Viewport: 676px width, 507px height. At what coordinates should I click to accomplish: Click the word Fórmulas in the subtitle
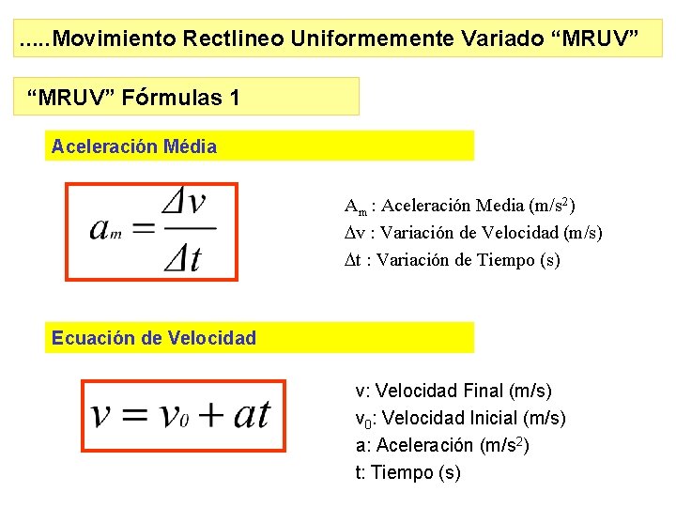click(x=175, y=97)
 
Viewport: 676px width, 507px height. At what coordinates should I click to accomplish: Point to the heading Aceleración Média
click(x=134, y=146)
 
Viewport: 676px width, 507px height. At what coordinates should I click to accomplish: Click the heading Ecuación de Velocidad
click(x=154, y=338)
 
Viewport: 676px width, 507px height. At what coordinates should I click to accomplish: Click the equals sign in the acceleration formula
click(x=145, y=228)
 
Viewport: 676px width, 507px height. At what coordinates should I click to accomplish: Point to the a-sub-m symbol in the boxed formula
click(x=106, y=230)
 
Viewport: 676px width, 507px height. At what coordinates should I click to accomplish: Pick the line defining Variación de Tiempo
click(x=452, y=260)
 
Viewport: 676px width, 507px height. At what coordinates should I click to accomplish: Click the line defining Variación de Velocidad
click(x=473, y=233)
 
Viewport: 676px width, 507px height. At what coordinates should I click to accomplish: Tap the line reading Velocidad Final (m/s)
click(x=453, y=391)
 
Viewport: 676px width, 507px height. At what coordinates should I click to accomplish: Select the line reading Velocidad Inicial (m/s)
click(x=460, y=418)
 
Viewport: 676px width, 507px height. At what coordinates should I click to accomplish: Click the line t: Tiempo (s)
click(x=407, y=472)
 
